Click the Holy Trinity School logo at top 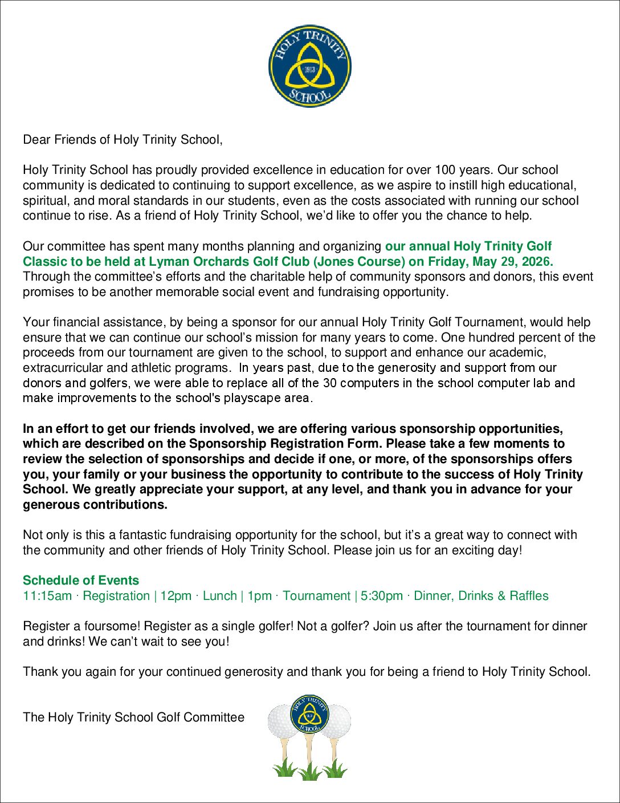[x=309, y=66]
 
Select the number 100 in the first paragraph [x=445, y=170]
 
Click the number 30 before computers [x=329, y=383]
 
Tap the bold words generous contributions [x=95, y=505]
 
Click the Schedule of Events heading [x=81, y=581]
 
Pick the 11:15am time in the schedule [x=47, y=596]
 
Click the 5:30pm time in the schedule [x=381, y=596]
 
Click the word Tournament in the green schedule [x=316, y=596]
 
